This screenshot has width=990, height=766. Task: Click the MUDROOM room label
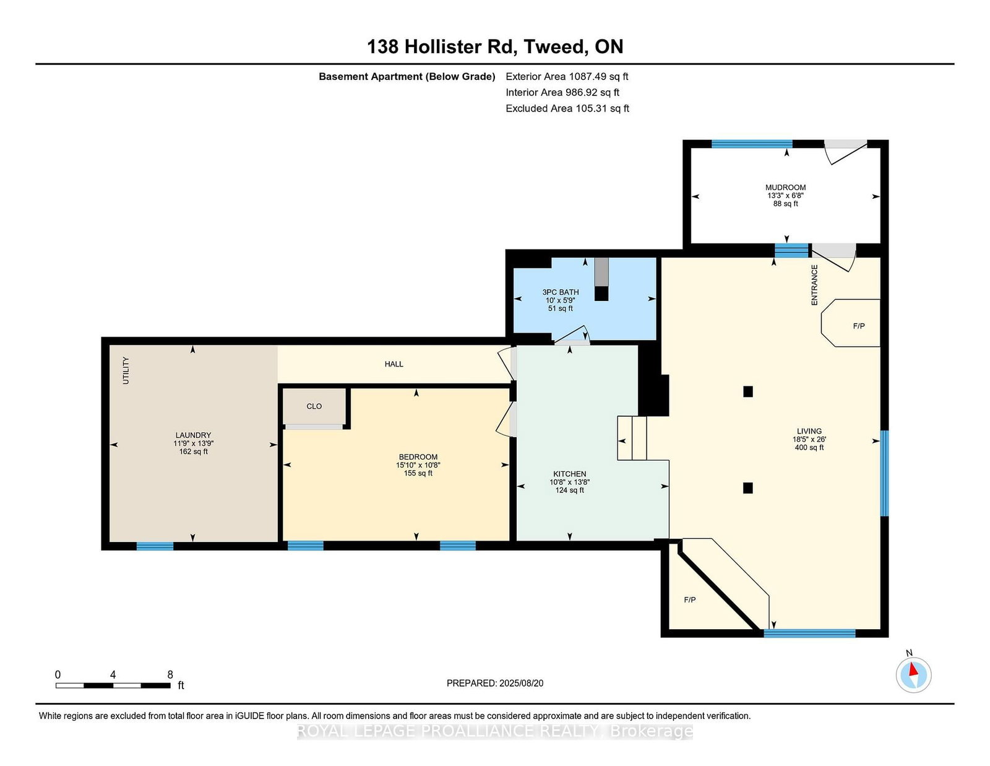tap(785, 188)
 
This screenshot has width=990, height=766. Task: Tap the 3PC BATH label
tap(561, 292)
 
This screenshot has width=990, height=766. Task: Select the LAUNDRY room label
tap(193, 435)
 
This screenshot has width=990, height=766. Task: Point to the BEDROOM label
tap(418, 457)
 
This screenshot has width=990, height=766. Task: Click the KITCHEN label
tap(569, 474)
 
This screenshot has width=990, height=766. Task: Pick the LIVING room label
tap(809, 432)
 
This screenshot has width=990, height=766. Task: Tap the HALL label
tap(394, 364)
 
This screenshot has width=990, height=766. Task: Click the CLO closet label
tap(314, 406)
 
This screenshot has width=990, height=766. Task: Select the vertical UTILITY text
tap(126, 370)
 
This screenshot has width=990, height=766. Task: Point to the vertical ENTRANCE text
tap(814, 285)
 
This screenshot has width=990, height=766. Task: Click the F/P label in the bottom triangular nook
tap(690, 600)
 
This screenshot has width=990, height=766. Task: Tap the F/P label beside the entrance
tap(859, 326)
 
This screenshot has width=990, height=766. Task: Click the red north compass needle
tap(913, 669)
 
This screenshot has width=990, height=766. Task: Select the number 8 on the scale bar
tap(170, 675)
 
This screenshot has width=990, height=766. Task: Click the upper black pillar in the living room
tap(747, 391)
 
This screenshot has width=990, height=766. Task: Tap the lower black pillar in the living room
tap(747, 488)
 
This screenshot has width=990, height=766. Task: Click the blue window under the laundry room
tap(155, 546)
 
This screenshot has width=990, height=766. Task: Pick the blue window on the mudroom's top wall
tap(752, 144)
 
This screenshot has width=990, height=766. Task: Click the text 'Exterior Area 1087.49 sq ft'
tap(567, 77)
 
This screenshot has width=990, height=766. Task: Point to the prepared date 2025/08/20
tap(521, 684)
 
